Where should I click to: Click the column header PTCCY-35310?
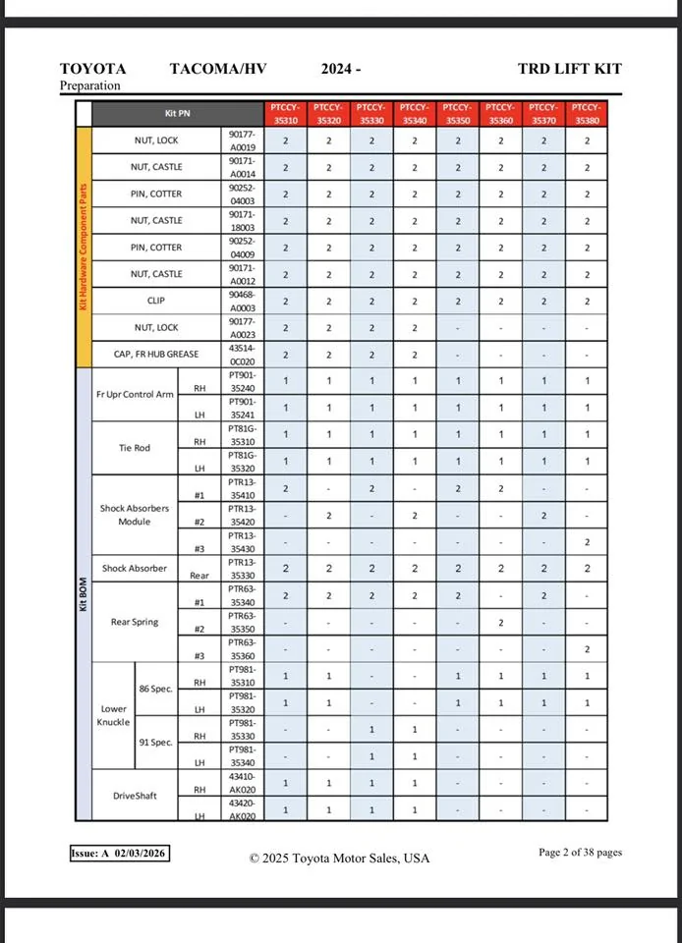point(285,113)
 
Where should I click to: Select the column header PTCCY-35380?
point(587,113)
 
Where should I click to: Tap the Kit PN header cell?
point(178,114)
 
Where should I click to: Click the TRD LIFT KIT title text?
point(569,69)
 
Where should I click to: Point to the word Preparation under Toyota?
point(90,85)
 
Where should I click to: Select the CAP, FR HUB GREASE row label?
point(158,355)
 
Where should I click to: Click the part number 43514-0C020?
point(243,355)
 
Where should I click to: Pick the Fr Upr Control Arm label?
point(135,394)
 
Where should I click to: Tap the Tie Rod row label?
point(135,448)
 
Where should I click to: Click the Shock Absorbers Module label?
point(135,515)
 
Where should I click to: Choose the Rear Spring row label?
point(134,622)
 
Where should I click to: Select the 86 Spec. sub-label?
point(156,689)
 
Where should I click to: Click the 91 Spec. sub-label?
point(156,742)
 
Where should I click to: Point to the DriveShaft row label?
point(134,796)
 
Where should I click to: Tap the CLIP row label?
point(157,301)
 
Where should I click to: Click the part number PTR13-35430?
point(243,542)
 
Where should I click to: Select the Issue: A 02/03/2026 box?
point(120,854)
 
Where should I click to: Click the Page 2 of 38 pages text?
point(580,853)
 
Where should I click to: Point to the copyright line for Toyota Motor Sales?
point(339,858)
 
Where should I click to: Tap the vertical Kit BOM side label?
point(84,593)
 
